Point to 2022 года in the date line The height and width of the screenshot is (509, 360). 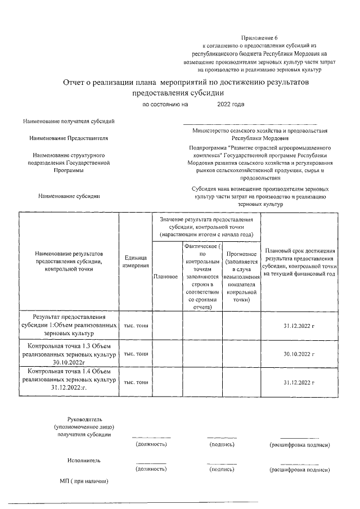pos(231,105)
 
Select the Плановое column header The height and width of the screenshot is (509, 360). pos(166,277)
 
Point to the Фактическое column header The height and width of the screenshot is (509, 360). pos(203,277)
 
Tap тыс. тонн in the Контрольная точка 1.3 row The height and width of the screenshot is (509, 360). pos(135,354)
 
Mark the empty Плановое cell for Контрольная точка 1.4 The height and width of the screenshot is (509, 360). pos(166,382)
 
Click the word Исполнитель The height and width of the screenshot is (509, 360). pos(84,460)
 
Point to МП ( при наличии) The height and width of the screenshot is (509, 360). pos(84,481)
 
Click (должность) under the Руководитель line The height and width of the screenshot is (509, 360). pos(151,445)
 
